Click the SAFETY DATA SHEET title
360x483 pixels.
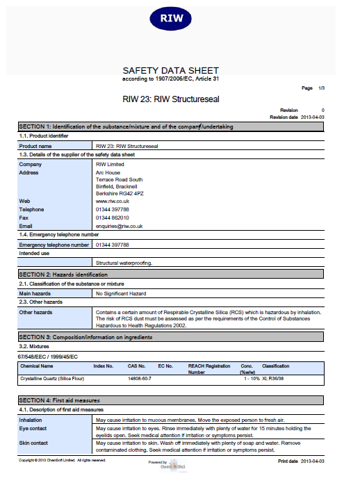tap(170, 70)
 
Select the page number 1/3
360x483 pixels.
tap(321, 88)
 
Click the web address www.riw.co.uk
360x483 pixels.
tap(112, 201)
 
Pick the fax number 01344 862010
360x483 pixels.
tap(113, 218)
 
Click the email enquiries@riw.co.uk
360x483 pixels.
tap(120, 226)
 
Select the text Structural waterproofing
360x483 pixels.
tap(124, 263)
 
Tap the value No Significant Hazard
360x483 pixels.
tap(121, 294)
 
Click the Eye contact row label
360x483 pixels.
tap(33, 428)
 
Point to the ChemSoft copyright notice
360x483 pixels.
tap(62, 460)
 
